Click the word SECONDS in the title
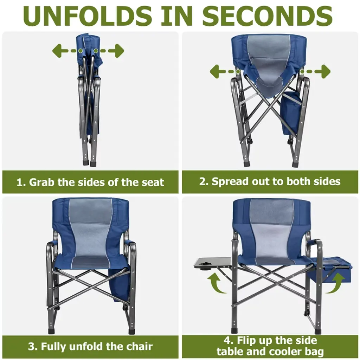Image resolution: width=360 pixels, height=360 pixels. pyautogui.click(x=267, y=16)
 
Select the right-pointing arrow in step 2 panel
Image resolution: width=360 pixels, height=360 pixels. pyautogui.click(x=315, y=71)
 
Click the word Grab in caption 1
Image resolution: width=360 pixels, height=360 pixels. pyautogui.click(x=42, y=182)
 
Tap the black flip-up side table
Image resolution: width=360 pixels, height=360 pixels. pyautogui.click(x=213, y=263)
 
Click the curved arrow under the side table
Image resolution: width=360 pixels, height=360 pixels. pyautogui.click(x=216, y=283)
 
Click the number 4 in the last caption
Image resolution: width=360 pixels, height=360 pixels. pyautogui.click(x=227, y=340)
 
